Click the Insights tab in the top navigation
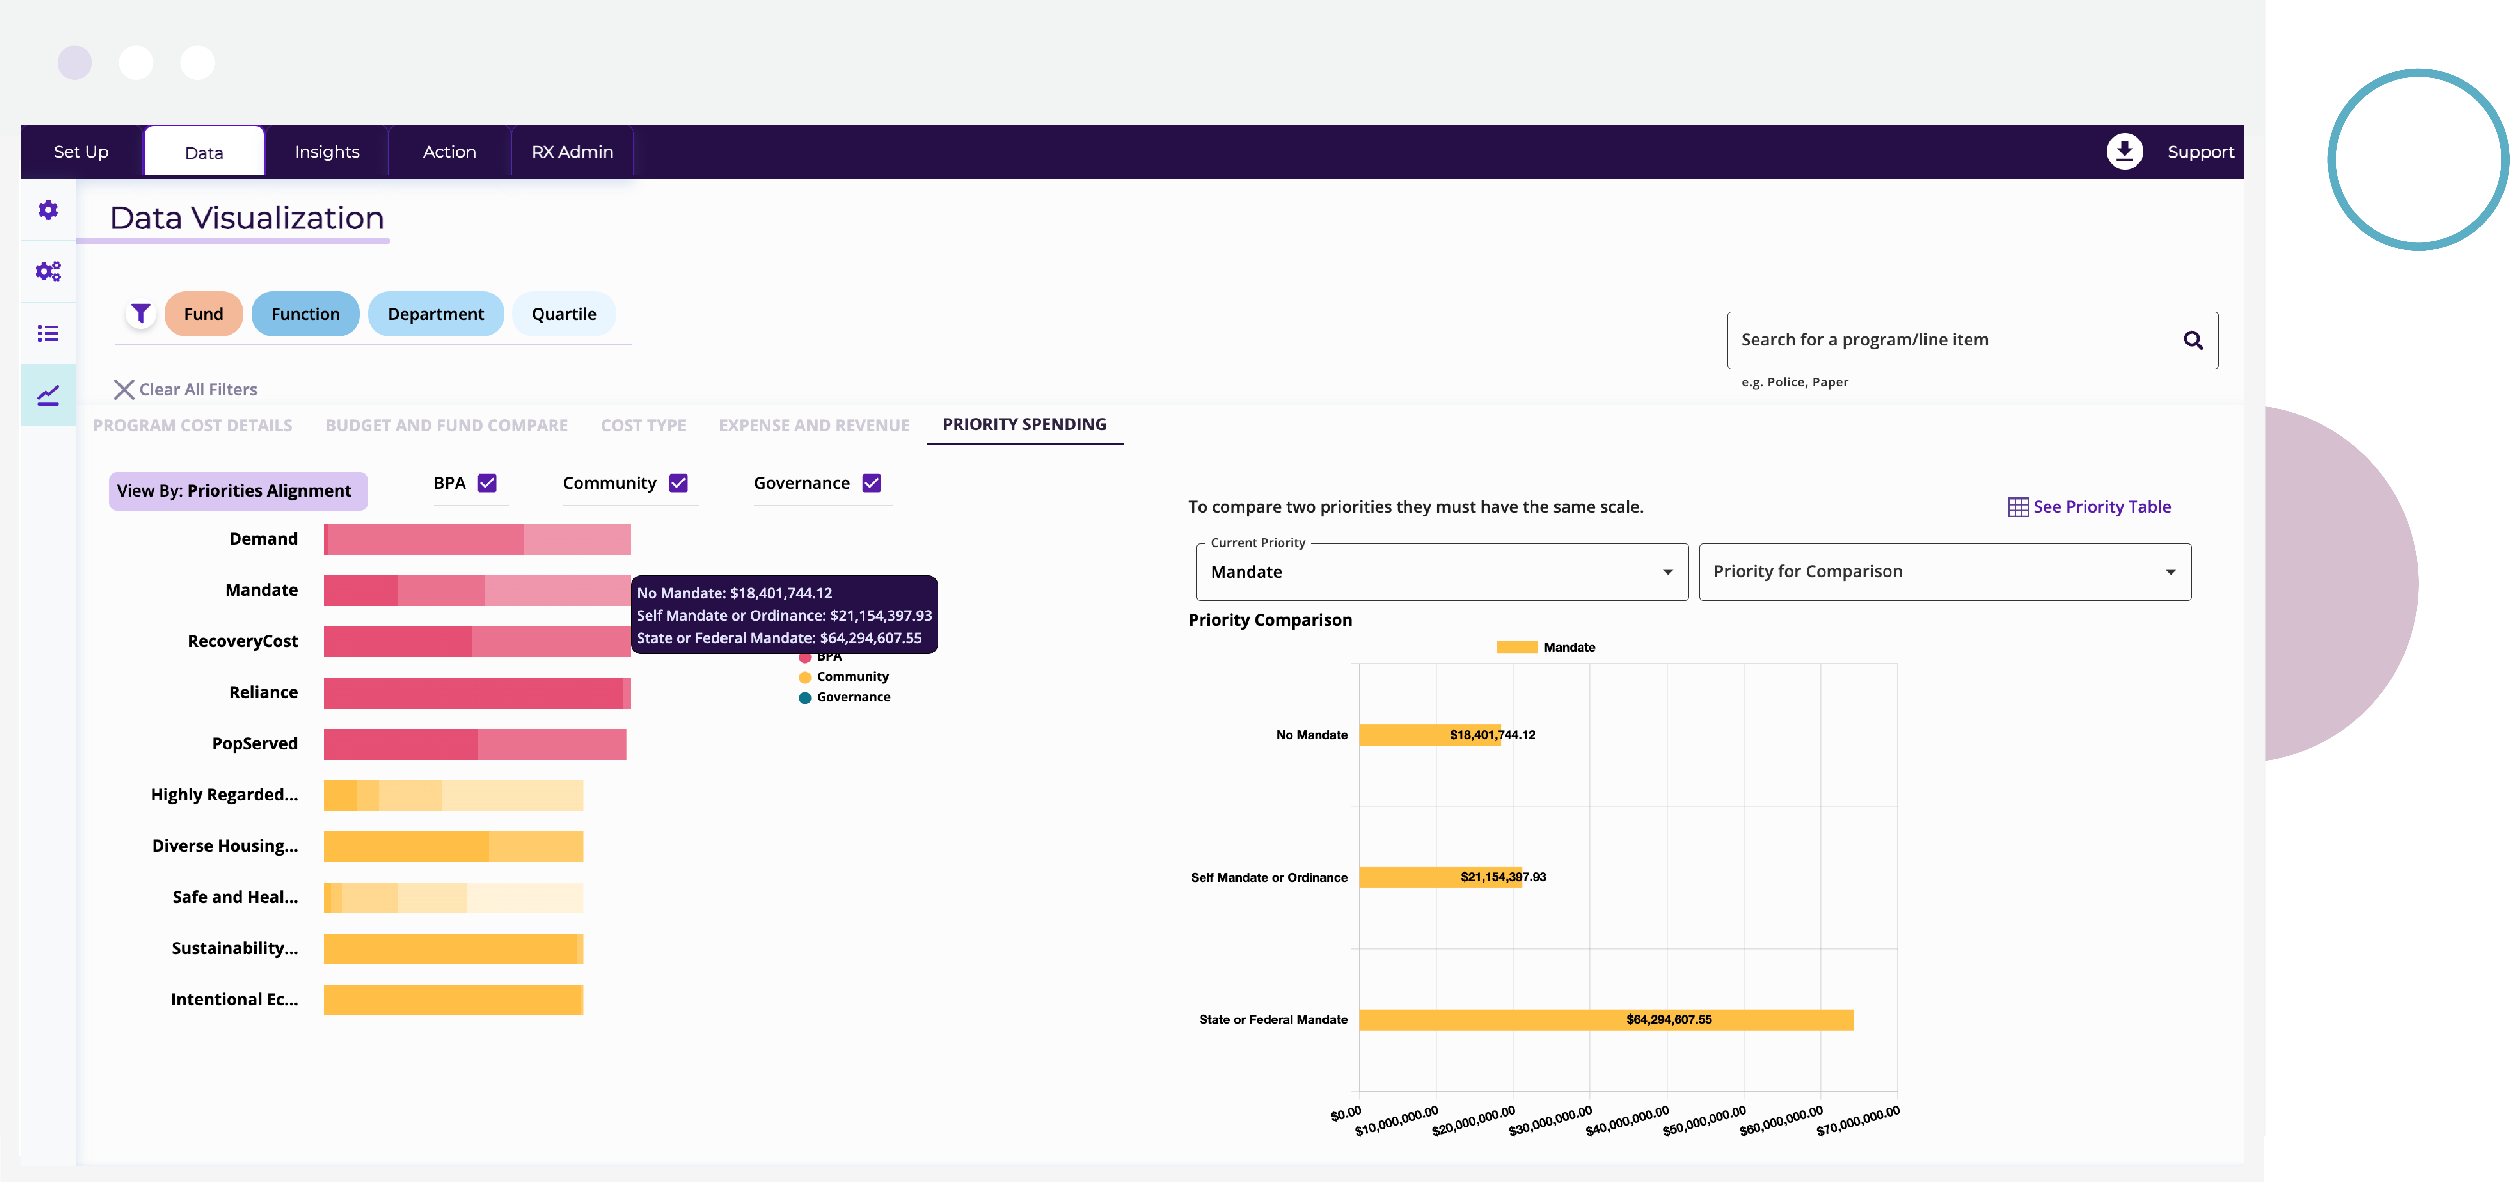pos(326,152)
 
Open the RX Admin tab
pos(572,152)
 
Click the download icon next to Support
pos(2124,151)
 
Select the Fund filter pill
pos(204,314)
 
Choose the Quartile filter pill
pos(563,314)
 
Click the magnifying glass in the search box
pos(2193,340)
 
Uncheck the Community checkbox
pos(678,483)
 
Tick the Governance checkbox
pos(871,483)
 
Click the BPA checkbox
pos(487,483)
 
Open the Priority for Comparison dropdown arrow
pos(2170,572)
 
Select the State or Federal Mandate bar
pos(1606,1019)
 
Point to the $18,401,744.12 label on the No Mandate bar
pos(1492,735)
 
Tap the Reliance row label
pos(263,692)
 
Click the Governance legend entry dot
pos(805,698)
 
